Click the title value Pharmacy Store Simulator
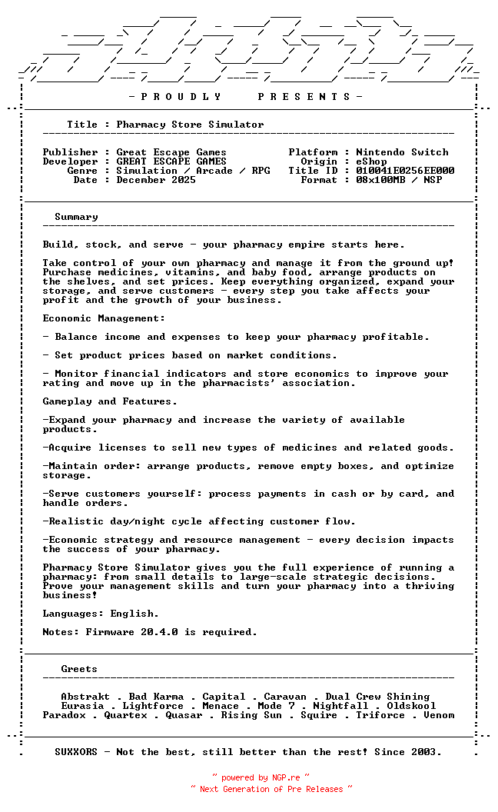(x=190, y=125)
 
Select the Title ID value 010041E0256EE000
(x=405, y=171)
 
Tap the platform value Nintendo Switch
(x=402, y=152)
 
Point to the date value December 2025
(x=156, y=180)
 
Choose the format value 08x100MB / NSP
(x=399, y=180)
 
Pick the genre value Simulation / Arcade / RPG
(x=193, y=171)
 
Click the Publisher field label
(x=70, y=152)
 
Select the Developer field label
(x=70, y=161)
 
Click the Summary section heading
(x=76, y=217)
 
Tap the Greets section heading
(x=79, y=669)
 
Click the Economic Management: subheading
(x=104, y=318)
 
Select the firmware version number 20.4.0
(x=159, y=632)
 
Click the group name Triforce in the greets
(x=380, y=715)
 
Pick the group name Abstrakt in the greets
(x=85, y=697)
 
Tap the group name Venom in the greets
(x=439, y=715)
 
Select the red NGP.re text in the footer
(x=285, y=778)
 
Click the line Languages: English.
(x=101, y=614)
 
